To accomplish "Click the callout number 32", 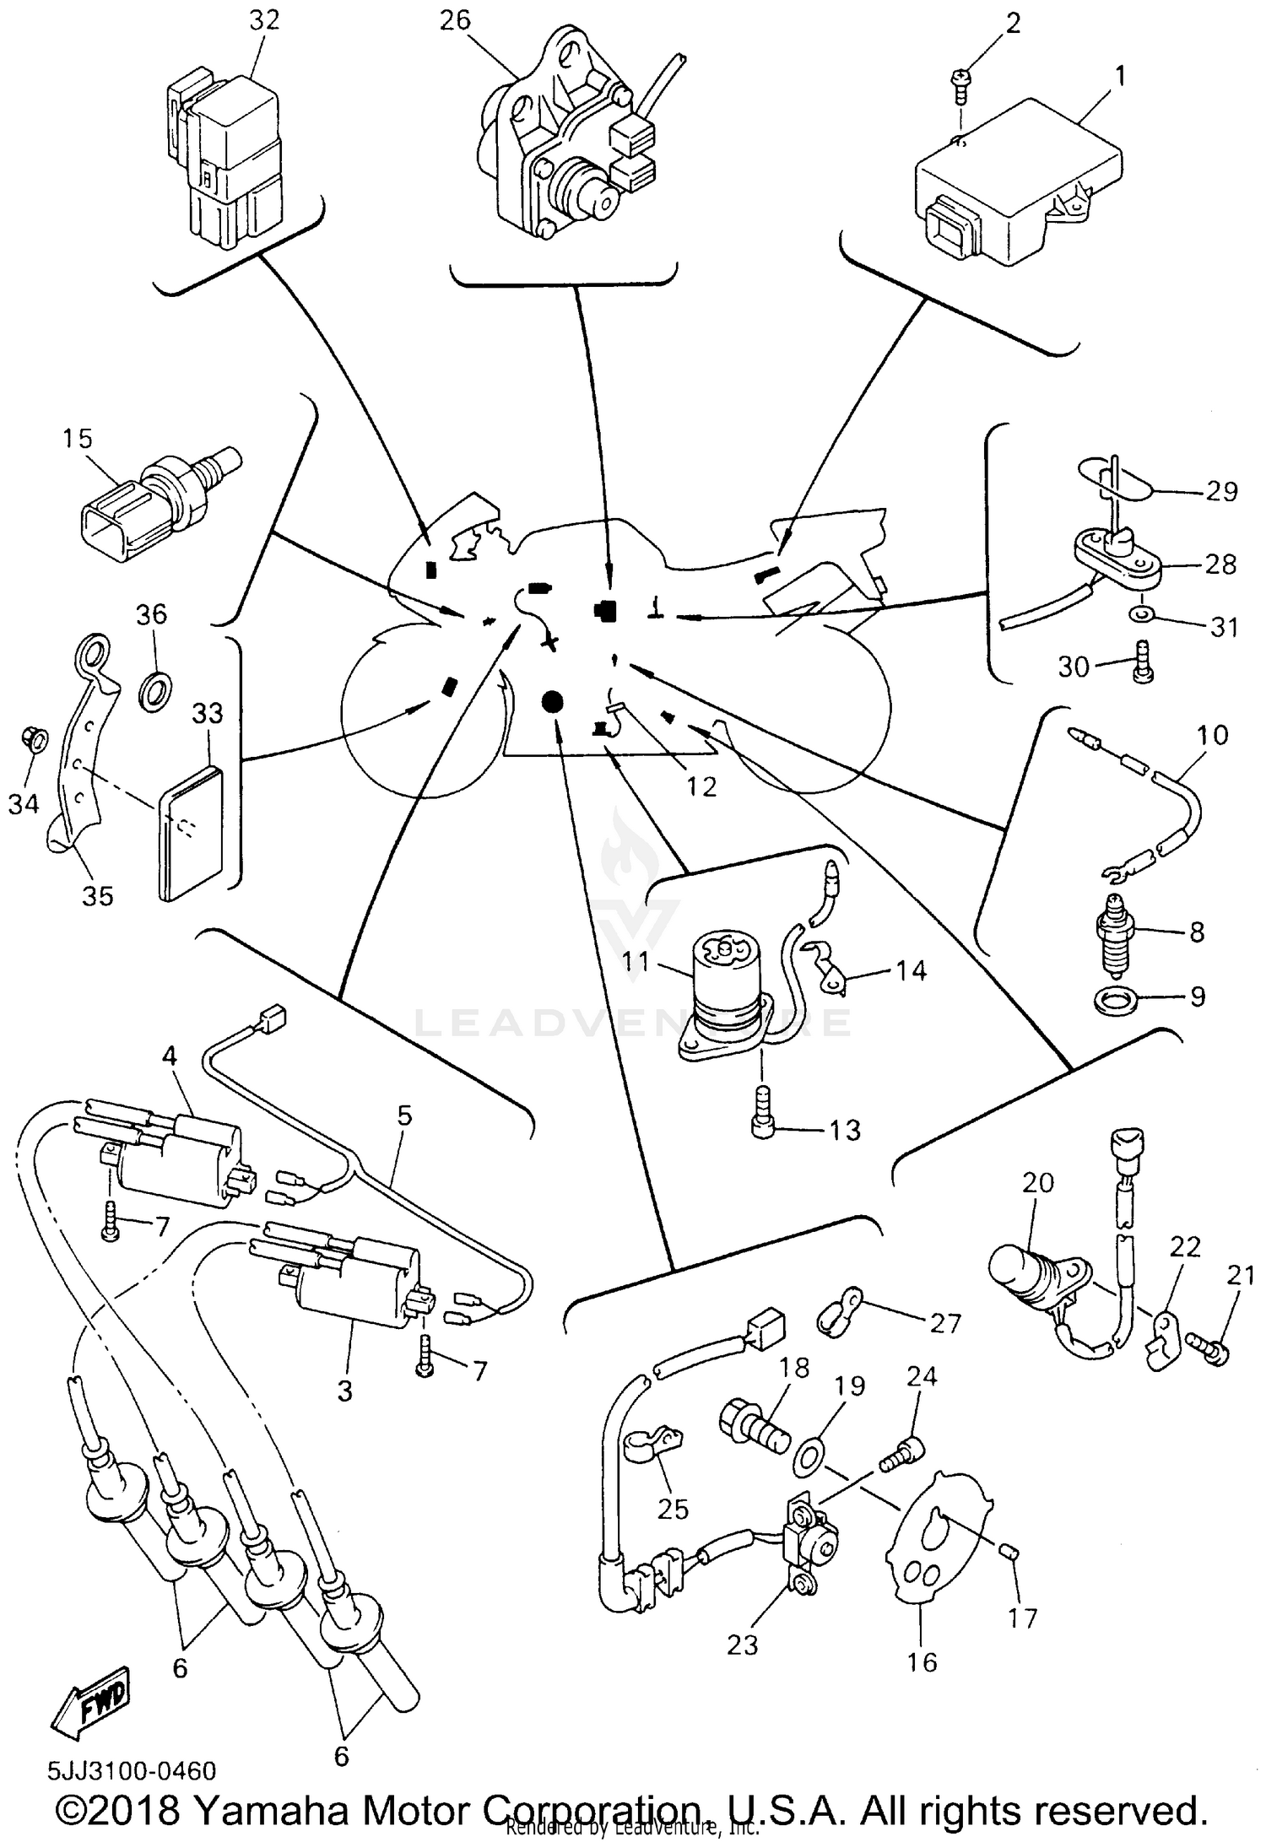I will pyautogui.click(x=263, y=20).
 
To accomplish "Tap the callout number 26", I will pyautogui.click(x=455, y=20).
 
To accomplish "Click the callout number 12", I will pyautogui.click(x=701, y=786).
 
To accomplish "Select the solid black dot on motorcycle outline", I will pyautogui.click(x=552, y=700).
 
